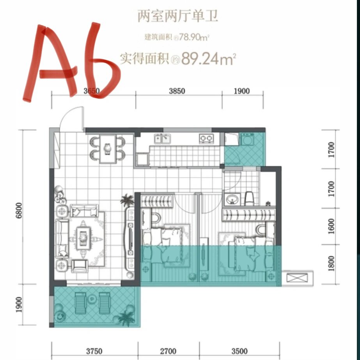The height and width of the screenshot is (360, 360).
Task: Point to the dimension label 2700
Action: click(x=168, y=351)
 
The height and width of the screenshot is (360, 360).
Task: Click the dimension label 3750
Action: click(x=94, y=351)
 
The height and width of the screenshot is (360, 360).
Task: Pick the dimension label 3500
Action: click(x=239, y=351)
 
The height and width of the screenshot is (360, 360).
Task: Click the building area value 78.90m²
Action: click(x=195, y=38)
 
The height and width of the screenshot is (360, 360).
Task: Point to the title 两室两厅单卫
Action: click(x=178, y=16)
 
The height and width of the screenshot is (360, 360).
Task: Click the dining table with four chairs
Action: click(x=108, y=148)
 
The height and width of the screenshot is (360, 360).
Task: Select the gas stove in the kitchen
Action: click(x=206, y=138)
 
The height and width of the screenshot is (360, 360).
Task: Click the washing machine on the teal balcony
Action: click(x=247, y=140)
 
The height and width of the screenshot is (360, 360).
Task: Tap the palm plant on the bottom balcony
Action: click(x=126, y=317)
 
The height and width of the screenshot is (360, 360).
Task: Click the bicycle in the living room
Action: click(x=60, y=195)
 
